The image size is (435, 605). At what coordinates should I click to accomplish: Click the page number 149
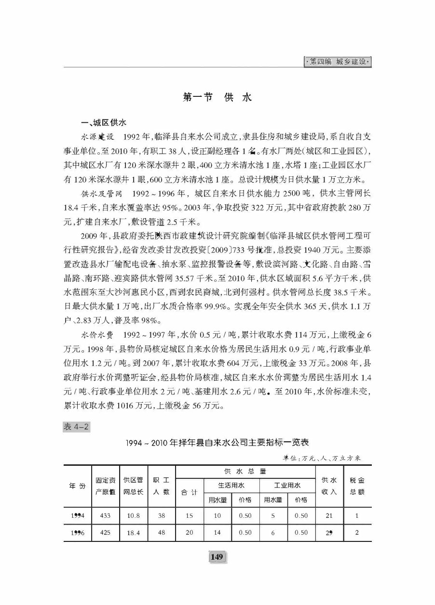[217, 557]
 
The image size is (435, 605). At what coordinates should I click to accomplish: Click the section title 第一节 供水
[217, 97]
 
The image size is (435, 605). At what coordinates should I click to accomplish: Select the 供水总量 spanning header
[245, 471]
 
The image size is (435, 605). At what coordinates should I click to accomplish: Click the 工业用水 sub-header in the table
[287, 485]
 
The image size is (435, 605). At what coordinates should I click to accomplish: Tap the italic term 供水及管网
[97, 194]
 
